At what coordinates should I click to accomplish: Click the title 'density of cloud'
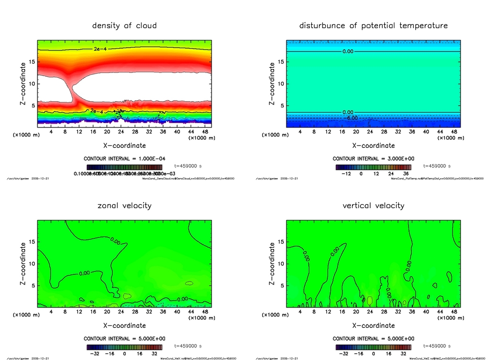tap(124, 25)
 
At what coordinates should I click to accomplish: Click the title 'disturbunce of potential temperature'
tap(373, 25)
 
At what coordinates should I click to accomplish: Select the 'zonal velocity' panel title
tap(124, 205)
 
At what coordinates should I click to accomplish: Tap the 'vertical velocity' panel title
tap(373, 205)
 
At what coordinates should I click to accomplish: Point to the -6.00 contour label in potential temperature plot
tap(352, 118)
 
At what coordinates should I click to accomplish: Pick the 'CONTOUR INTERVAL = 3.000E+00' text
tap(373, 159)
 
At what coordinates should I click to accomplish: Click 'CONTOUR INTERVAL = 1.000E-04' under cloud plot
tap(124, 159)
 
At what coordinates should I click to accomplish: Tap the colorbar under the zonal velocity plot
tap(124, 347)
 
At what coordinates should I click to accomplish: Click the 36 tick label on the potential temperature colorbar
tap(406, 173)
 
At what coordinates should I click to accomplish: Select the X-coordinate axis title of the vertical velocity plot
tap(373, 325)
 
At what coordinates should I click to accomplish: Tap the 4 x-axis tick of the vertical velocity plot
tap(300, 312)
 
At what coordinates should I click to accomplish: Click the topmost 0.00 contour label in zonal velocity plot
tap(116, 240)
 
